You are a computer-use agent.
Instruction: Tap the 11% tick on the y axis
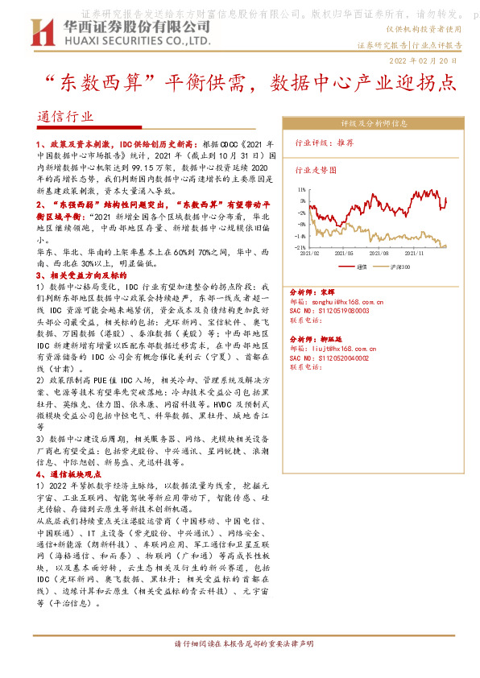pos(301,201)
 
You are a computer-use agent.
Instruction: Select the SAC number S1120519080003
pos(342,310)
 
